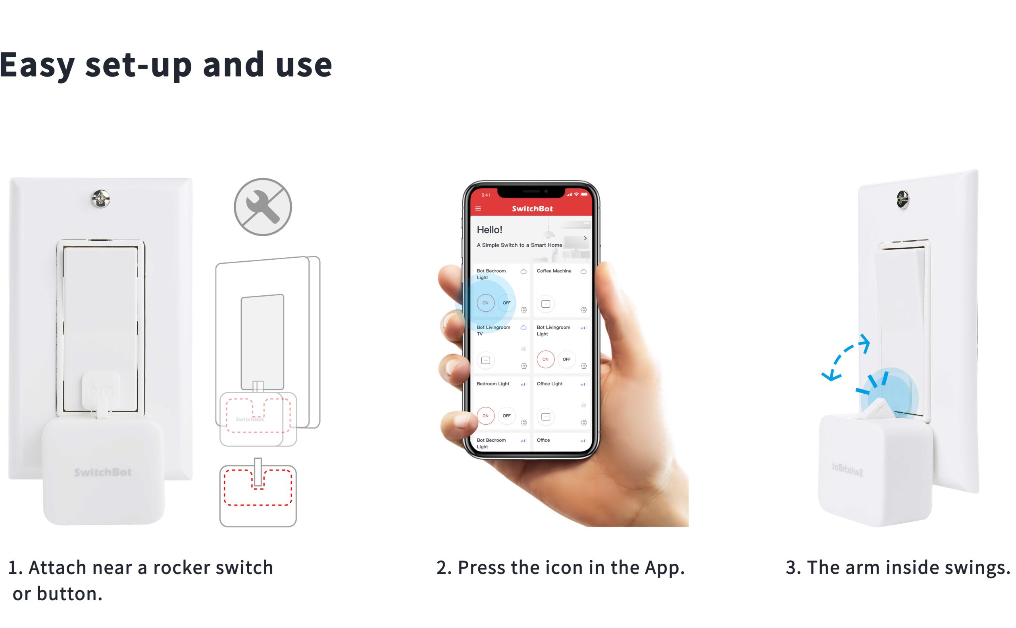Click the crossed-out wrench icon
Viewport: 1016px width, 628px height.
pyautogui.click(x=263, y=207)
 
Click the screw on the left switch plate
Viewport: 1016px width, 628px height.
pyautogui.click(x=100, y=199)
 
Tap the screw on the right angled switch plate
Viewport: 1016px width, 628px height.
pyautogui.click(x=903, y=199)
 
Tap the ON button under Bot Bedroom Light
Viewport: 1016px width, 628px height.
pyautogui.click(x=485, y=303)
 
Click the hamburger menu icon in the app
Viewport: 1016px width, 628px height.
pyautogui.click(x=478, y=209)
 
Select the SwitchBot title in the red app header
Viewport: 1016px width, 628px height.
pyautogui.click(x=532, y=209)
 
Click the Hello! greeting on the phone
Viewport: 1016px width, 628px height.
pyautogui.click(x=489, y=230)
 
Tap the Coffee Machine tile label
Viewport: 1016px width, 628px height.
pyautogui.click(x=554, y=271)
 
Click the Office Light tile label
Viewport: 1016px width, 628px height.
pyautogui.click(x=549, y=384)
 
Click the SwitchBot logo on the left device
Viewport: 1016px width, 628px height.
pyautogui.click(x=103, y=472)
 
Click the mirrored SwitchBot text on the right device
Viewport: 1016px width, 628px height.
pyautogui.click(x=847, y=470)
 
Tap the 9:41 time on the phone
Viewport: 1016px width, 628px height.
pyautogui.click(x=485, y=195)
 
